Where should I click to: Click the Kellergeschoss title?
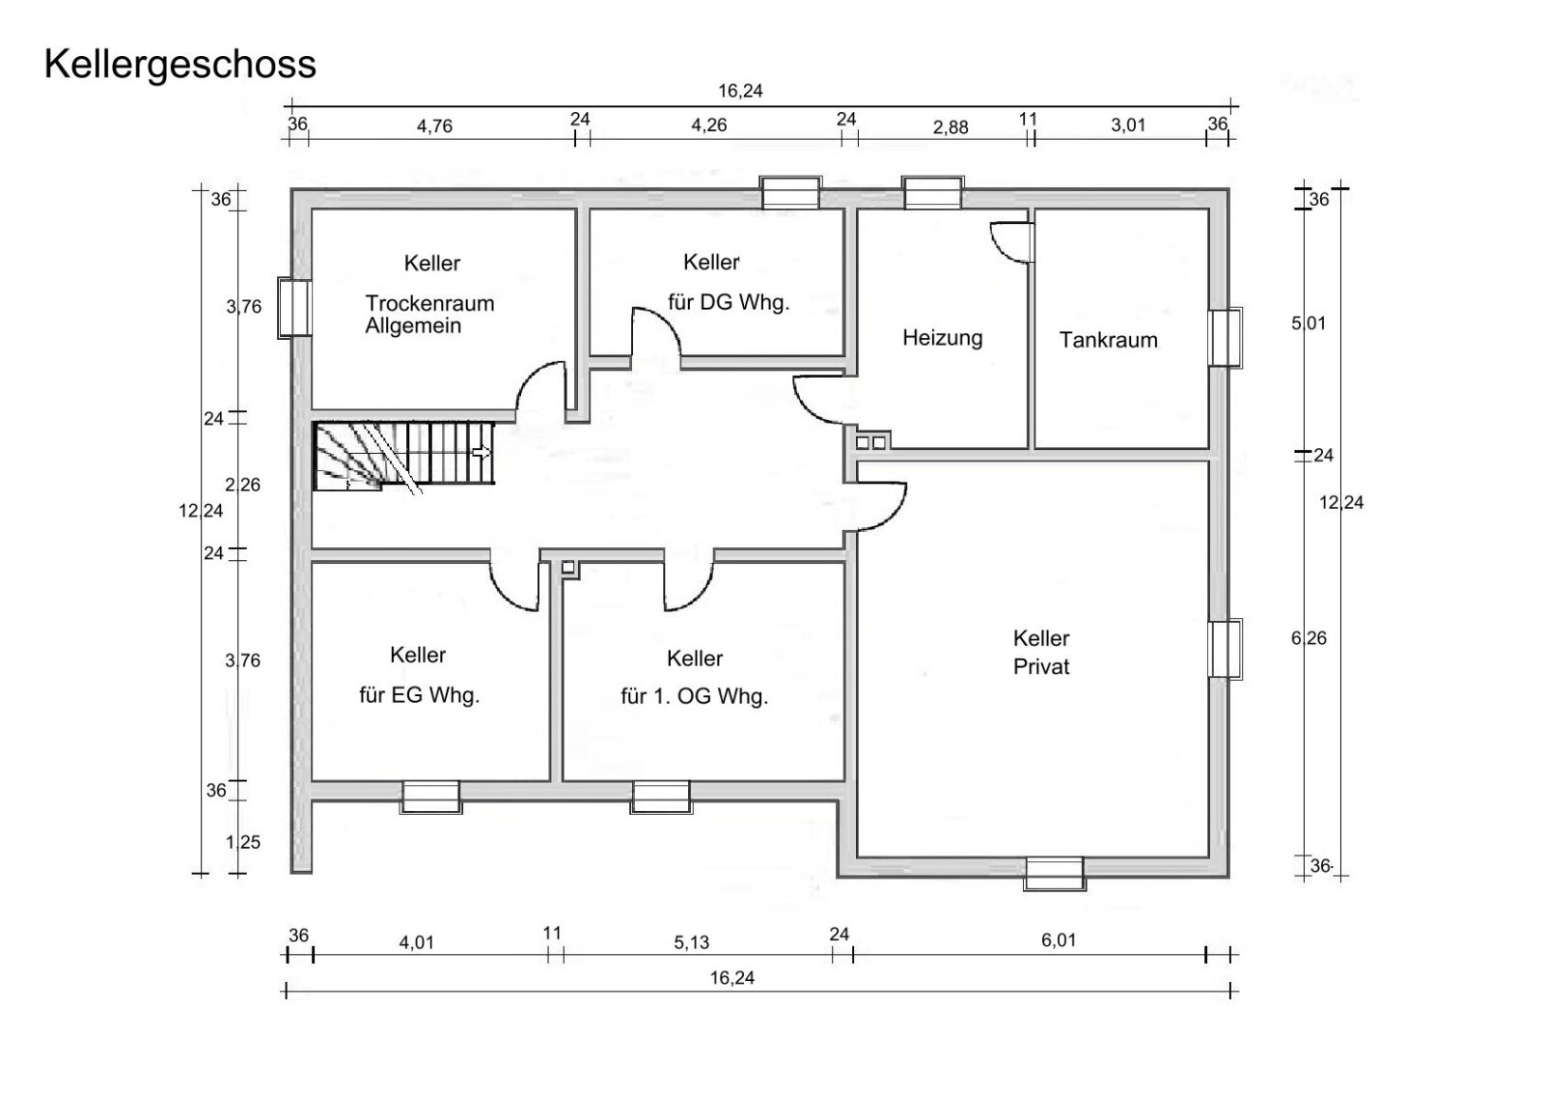click(179, 65)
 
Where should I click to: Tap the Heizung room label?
click(942, 338)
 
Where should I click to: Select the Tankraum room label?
click(1108, 340)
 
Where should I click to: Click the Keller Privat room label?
click(1041, 652)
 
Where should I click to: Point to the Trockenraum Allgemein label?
click(429, 314)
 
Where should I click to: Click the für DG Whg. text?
click(729, 302)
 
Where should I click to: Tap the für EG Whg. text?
click(420, 695)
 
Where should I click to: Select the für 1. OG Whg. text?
click(694, 697)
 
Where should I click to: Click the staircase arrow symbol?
click(481, 452)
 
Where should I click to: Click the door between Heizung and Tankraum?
click(1013, 241)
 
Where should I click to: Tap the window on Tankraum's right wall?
click(1226, 337)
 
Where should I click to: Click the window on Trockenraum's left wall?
click(294, 307)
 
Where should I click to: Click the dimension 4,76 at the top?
click(434, 126)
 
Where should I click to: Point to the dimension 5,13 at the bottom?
click(692, 942)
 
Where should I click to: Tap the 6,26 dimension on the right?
click(1309, 638)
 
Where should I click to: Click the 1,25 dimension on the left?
click(243, 842)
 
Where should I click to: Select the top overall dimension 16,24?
click(740, 92)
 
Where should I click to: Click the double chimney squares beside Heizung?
click(870, 442)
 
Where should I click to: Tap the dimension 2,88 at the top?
click(950, 127)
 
